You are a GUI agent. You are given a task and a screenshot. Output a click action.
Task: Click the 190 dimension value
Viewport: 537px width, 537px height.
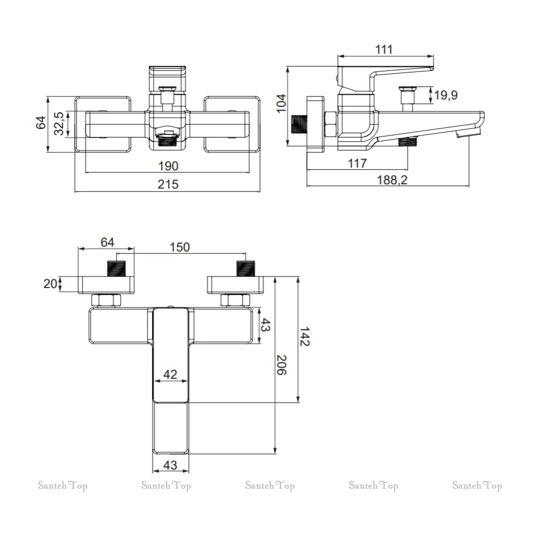pyautogui.click(x=168, y=166)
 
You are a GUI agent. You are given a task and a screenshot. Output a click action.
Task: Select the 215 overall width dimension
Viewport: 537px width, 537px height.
pyautogui.click(x=168, y=185)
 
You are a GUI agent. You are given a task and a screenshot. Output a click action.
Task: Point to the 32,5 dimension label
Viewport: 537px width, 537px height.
pyautogui.click(x=59, y=124)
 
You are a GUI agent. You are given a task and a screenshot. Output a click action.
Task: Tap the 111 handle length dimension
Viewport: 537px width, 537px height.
pyautogui.click(x=383, y=49)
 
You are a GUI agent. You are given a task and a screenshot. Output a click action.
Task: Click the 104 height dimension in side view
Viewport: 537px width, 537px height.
pyautogui.click(x=281, y=103)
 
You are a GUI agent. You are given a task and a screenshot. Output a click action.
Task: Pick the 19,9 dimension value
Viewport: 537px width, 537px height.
pyautogui.click(x=446, y=95)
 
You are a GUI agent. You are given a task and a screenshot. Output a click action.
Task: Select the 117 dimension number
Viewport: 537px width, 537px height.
pyautogui.click(x=357, y=163)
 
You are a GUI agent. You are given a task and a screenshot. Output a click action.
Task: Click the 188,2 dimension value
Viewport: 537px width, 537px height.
pyautogui.click(x=392, y=180)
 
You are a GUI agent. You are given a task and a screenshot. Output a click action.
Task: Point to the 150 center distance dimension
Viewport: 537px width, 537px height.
pyautogui.click(x=180, y=247)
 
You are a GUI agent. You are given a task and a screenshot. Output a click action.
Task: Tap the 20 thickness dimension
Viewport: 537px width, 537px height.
pyautogui.click(x=50, y=284)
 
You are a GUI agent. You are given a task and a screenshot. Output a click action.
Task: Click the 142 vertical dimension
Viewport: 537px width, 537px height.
pyautogui.click(x=304, y=337)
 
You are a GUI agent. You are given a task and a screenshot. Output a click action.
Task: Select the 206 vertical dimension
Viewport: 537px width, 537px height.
pyautogui.click(x=281, y=365)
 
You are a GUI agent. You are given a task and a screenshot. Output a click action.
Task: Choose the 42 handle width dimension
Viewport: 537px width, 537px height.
pyautogui.click(x=170, y=374)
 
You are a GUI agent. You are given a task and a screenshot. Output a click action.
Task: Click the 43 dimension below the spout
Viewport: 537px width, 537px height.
pyautogui.click(x=170, y=465)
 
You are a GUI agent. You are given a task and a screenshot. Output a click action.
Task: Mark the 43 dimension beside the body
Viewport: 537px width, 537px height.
pyautogui.click(x=265, y=325)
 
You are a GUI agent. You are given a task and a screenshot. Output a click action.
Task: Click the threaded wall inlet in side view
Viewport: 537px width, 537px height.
pyautogui.click(x=299, y=124)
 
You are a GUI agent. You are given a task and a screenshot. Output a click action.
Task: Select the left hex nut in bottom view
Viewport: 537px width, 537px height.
pyautogui.click(x=106, y=300)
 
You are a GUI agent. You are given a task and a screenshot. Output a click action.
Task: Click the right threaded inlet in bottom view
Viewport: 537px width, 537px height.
pyautogui.click(x=245, y=268)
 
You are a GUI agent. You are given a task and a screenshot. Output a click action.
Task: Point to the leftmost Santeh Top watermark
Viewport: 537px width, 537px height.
pyautogui.click(x=63, y=485)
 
